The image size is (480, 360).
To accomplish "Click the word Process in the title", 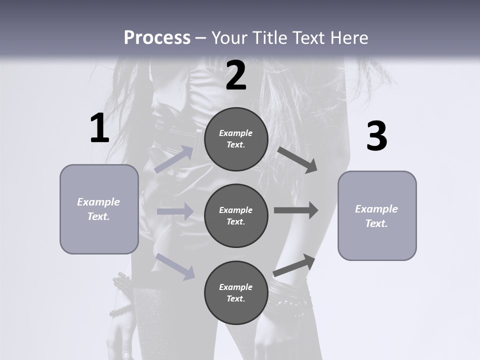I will point(157,38).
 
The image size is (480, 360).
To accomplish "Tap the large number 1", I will point(99,128).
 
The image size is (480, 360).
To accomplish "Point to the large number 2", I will point(236,76).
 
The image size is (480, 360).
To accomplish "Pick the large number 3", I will point(376,136).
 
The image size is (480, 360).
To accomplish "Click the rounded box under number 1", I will point(99,209).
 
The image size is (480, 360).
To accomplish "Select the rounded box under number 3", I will point(377,216).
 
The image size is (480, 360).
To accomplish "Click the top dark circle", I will point(236,139).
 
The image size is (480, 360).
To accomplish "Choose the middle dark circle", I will point(236,216).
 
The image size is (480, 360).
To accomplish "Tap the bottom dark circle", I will point(236,293).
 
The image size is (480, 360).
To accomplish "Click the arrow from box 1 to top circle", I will point(174,159).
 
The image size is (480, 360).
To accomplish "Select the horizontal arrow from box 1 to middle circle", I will point(175,211).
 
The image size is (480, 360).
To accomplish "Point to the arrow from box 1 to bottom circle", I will point(175,266).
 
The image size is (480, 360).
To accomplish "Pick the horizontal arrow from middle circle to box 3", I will point(296,210).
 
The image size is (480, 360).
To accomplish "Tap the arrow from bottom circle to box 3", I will point(294,265).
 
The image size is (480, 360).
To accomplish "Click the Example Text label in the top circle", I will point(236,139).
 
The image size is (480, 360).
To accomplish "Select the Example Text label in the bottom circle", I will point(236,293).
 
